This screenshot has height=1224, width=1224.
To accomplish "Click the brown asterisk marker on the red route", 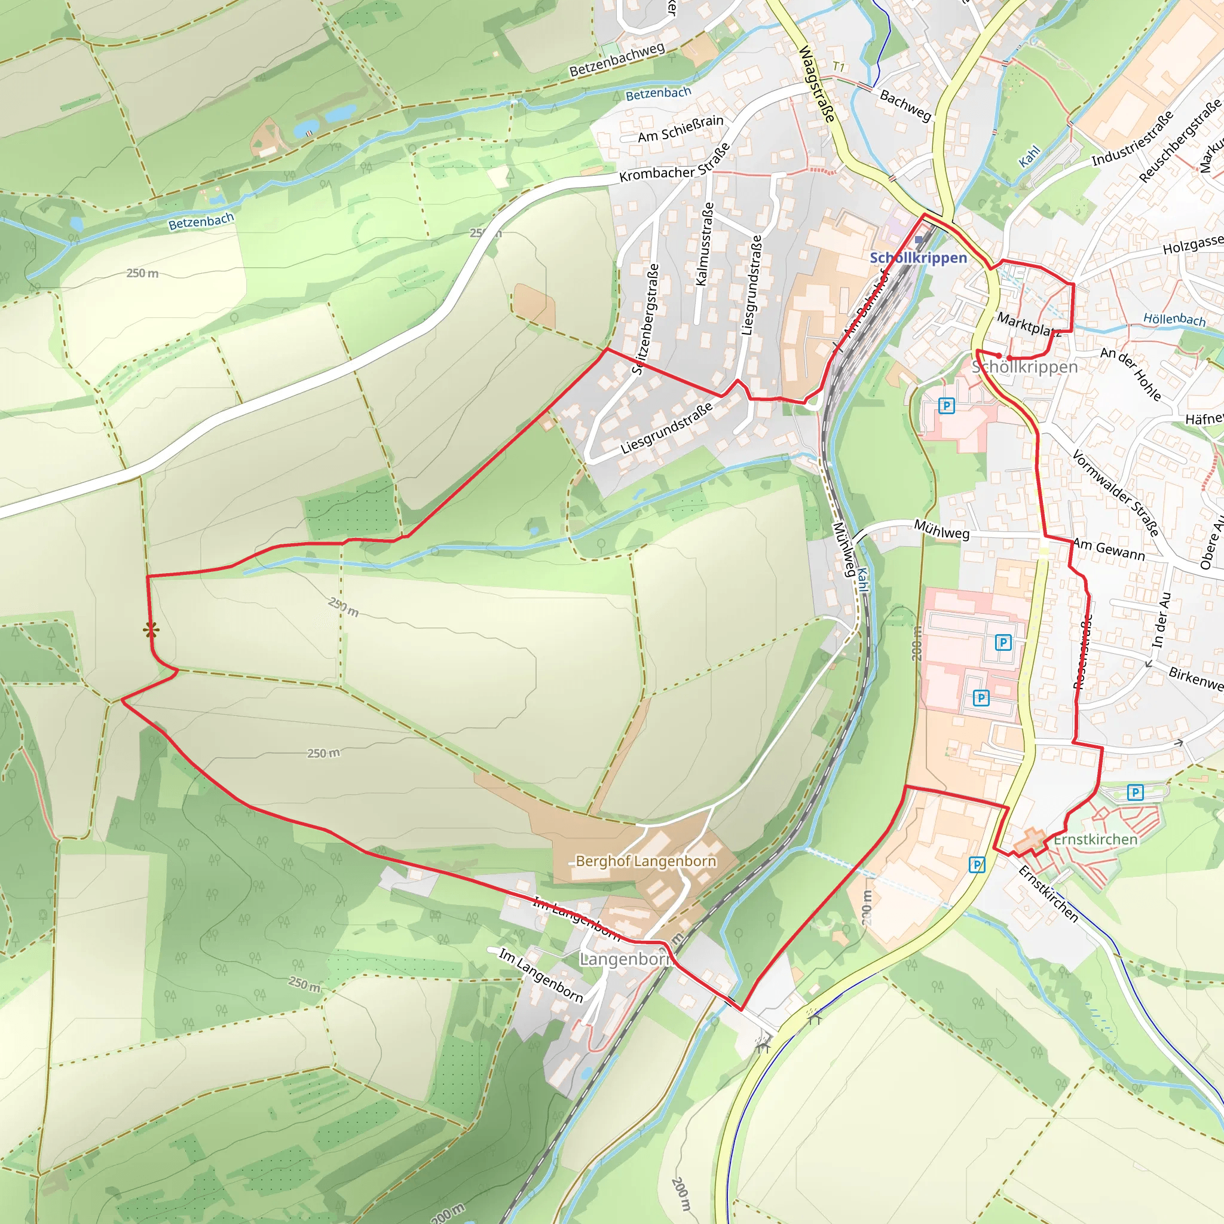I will [x=151, y=630].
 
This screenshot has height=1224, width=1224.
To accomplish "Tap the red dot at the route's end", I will [x=999, y=356].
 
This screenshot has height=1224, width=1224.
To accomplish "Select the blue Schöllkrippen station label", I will [x=918, y=258].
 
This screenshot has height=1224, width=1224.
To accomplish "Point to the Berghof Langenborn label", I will [x=645, y=861].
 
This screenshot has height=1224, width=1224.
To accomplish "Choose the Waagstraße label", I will [x=816, y=84].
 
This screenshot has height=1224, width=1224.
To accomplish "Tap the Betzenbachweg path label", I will [x=616, y=60].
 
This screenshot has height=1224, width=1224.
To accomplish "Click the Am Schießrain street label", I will [x=680, y=128].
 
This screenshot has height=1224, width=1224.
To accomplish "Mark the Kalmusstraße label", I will [x=705, y=244].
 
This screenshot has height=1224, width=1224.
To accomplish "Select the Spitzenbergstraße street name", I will [x=645, y=319].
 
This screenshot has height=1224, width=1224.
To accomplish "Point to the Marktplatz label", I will [x=1029, y=324].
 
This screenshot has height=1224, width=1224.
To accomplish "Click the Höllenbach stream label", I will [x=1174, y=319].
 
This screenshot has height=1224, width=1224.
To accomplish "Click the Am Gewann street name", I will [x=1109, y=549].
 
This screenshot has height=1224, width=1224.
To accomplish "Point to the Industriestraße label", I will [x=1133, y=139].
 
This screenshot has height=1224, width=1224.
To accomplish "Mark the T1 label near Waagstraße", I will [x=839, y=66].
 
